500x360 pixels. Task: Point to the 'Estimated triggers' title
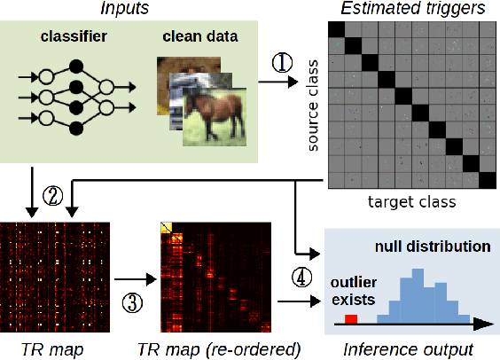pos(413,10)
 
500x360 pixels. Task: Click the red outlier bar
pos(351,317)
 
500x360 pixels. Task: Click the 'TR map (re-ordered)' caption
pos(217,348)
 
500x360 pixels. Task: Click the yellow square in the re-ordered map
pos(166,229)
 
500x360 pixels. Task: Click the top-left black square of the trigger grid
pos(336,29)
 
